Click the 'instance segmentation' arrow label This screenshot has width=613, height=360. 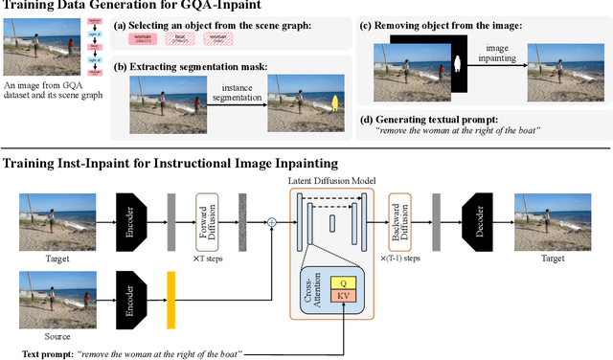click(232, 92)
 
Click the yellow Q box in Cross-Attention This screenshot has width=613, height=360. click(342, 283)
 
